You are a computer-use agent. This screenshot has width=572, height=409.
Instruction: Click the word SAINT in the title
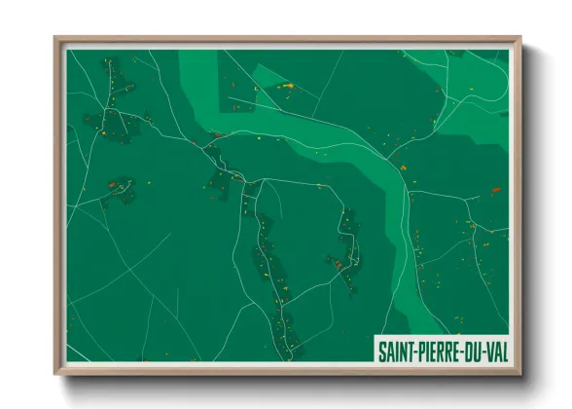coord(401,348)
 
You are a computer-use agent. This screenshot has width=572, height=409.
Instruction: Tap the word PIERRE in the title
coord(443,348)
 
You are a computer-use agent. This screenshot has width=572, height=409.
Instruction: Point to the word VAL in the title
coord(500,348)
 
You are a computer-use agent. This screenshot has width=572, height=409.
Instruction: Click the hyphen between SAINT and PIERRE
coord(421,348)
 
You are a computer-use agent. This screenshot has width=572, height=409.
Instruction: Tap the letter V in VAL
coord(493,348)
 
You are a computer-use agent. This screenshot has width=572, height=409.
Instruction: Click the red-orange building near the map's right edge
coord(495,190)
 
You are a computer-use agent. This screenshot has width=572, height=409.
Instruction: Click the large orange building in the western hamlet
coord(114,182)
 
